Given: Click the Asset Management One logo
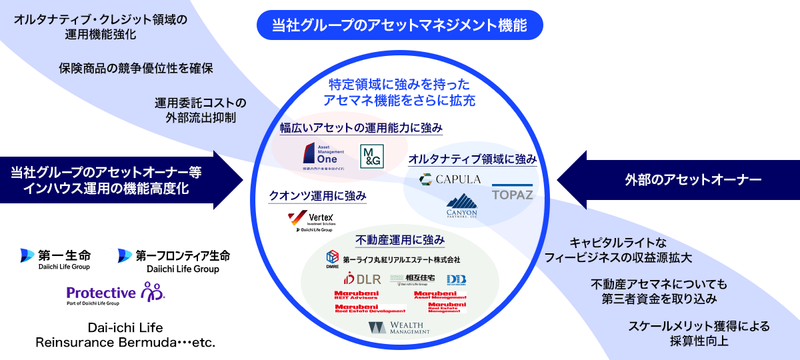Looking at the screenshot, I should (320, 157).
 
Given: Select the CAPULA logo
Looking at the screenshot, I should (450, 179).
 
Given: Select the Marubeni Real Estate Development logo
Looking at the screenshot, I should (370, 308).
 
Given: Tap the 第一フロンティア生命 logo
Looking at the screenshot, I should (174, 260).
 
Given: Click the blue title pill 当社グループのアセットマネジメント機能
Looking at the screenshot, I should (399, 26).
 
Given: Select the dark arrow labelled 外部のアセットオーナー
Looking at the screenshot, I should (673, 179).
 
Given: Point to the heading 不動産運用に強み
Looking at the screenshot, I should (400, 239).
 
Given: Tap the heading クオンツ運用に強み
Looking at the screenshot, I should (317, 196).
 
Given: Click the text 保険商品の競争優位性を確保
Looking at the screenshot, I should (136, 68).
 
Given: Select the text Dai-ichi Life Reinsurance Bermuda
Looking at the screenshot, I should (125, 335).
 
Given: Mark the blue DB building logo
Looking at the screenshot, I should (456, 279).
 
